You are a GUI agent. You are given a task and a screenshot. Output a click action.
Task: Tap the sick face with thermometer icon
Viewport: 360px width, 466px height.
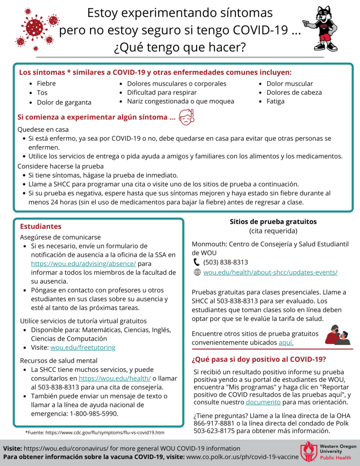click(x=187, y=118)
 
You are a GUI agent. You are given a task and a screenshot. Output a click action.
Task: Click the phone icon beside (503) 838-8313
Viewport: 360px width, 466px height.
click(x=196, y=262)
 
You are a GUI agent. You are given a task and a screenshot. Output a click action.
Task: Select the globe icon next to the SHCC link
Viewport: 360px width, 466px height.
click(x=197, y=272)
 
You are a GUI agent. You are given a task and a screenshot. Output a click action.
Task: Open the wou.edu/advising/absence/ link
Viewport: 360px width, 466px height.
click(x=83, y=263)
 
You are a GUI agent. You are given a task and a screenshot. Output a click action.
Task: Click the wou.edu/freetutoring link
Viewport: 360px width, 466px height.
click(x=83, y=348)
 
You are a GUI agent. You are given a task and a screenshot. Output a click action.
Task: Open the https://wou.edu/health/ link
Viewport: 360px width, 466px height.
click(x=114, y=379)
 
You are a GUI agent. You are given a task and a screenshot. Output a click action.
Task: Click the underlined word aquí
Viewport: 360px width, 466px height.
click(x=286, y=343)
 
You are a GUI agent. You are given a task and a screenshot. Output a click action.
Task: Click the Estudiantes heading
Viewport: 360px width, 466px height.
click(x=40, y=226)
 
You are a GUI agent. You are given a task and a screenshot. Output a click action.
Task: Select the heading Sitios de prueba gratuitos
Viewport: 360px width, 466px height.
click(x=273, y=222)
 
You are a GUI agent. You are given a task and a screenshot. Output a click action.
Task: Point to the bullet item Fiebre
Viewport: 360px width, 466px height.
click(x=46, y=84)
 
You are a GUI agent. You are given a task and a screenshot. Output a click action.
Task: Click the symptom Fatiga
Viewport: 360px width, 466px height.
click(x=275, y=101)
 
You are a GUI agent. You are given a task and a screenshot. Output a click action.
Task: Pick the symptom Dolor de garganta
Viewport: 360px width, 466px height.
click(x=64, y=102)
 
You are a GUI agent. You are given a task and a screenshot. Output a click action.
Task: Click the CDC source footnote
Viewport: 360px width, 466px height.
click(x=94, y=432)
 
